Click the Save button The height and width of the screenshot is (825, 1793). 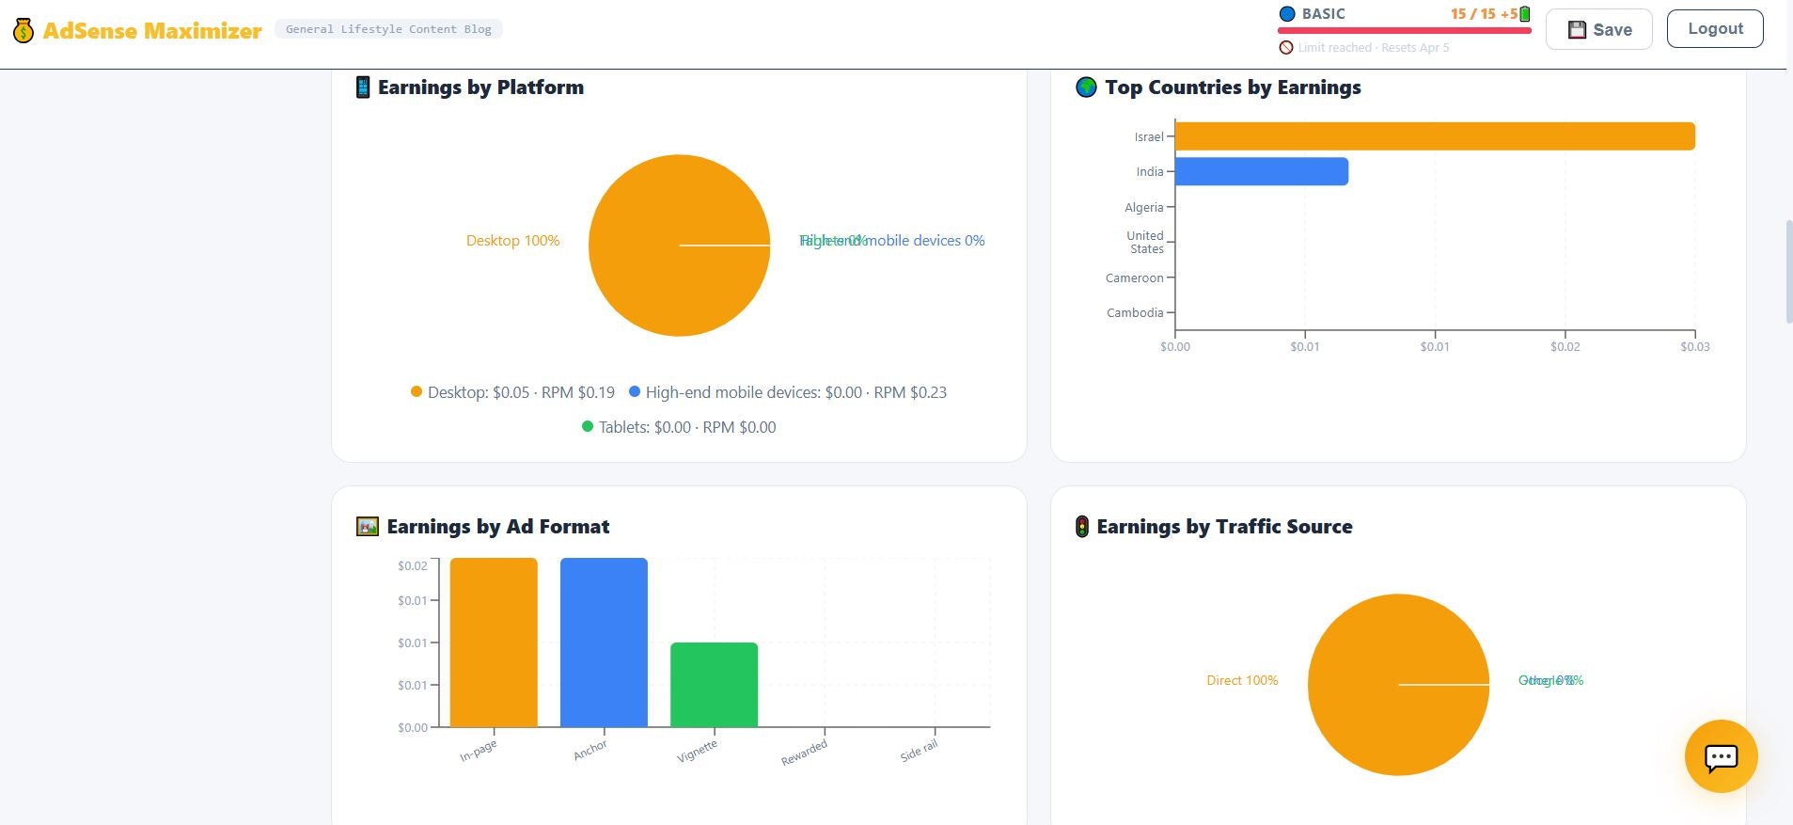pos(1598,29)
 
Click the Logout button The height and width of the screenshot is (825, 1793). pos(1714,29)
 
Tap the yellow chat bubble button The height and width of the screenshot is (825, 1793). pos(1721,756)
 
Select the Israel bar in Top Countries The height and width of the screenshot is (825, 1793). pos(1434,136)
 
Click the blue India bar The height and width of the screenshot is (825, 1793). pos(1261,171)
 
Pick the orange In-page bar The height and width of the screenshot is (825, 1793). pos(494,643)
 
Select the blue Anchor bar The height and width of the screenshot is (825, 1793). pos(604,643)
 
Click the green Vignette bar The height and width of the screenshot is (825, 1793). pos(714,684)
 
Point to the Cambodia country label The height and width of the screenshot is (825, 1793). pos(1135,312)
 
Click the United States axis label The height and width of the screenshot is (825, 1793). pos(1145,243)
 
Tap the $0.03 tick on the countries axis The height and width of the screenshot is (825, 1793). pos(1694,347)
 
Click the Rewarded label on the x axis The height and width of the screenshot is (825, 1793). pos(804,753)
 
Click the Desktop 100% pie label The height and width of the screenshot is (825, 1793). pos(512,241)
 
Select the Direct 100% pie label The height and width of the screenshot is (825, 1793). pos(1242,680)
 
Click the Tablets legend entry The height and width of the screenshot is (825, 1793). pos(679,427)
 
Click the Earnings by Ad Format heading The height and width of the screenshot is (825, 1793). pos(497,527)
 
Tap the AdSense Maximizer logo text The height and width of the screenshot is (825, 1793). pos(151,30)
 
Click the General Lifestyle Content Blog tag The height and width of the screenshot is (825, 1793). pos(388,29)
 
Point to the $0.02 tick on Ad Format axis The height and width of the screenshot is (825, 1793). pos(412,565)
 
